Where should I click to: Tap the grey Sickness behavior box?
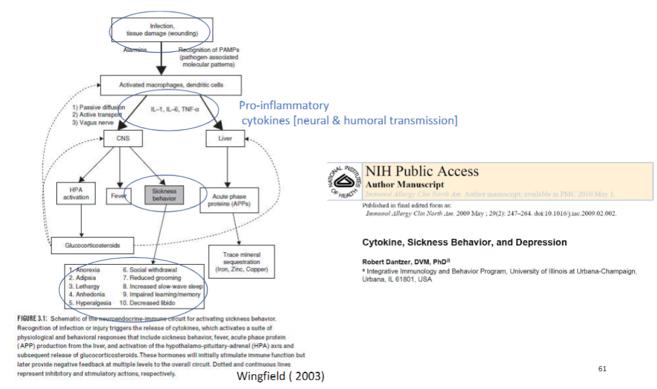tap(164, 194)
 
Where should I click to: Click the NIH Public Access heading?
tap(422, 171)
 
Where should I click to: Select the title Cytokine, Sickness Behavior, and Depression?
tap(464, 243)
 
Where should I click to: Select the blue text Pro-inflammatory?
tap(283, 106)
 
